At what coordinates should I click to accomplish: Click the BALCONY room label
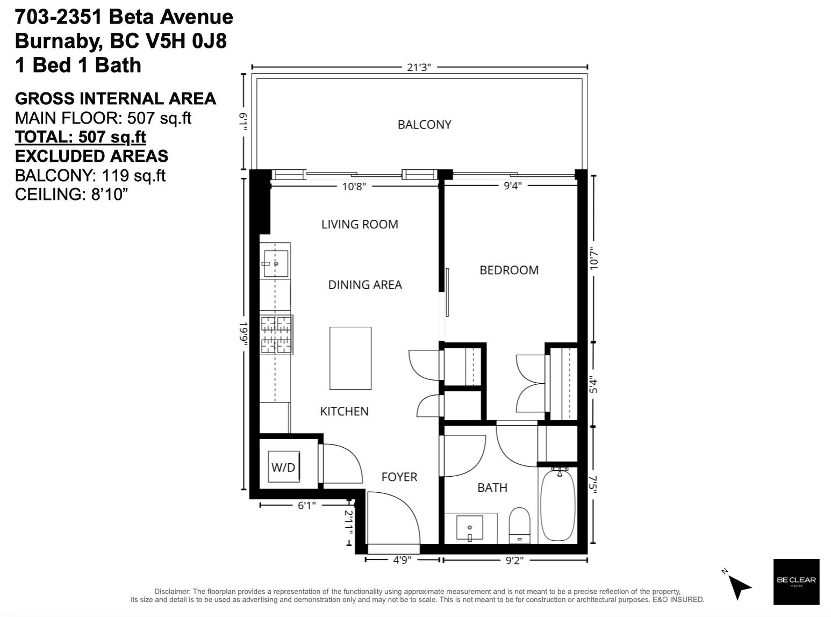[x=424, y=125]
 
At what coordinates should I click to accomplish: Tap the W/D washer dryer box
[x=283, y=467]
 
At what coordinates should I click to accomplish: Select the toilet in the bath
[x=519, y=525]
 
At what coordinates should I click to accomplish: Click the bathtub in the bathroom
[x=557, y=505]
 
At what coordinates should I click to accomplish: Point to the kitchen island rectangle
[x=350, y=358]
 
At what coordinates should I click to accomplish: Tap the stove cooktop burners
[x=276, y=334]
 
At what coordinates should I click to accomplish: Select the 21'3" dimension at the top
[x=419, y=67]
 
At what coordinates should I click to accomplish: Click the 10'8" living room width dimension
[x=354, y=186]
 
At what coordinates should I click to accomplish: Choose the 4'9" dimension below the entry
[x=402, y=560]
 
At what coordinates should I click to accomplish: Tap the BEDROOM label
[x=509, y=270]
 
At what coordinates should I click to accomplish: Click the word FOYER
[x=399, y=477]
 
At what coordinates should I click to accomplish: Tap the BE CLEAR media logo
[x=796, y=582]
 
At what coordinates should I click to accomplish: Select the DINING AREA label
[x=365, y=284]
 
